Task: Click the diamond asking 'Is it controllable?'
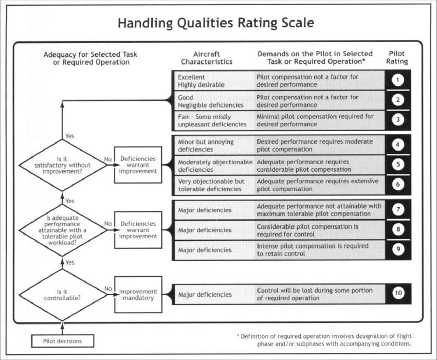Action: pos(62,294)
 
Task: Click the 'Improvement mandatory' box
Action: pos(138,295)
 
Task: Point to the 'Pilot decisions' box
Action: pos(62,340)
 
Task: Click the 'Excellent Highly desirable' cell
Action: pos(213,80)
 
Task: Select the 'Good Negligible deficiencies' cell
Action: pos(213,100)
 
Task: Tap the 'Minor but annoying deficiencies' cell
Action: pos(213,145)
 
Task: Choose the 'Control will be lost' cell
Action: pos(319,294)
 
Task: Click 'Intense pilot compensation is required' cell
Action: pos(319,250)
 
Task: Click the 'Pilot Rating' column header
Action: pos(397,57)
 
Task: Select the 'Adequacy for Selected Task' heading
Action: pos(90,58)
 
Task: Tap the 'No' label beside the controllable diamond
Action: pos(108,289)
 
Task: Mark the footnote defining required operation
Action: pos(324,340)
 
